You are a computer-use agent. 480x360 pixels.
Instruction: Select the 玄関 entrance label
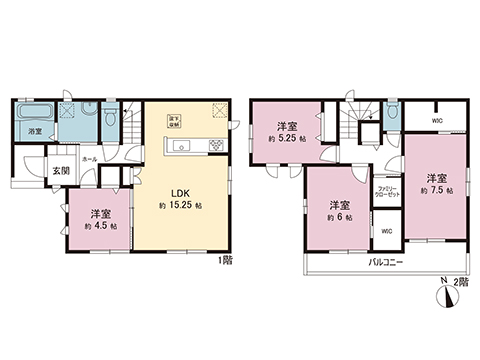point(62,170)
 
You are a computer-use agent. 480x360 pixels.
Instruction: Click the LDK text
point(173,191)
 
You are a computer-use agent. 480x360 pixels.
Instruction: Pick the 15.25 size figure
point(184,205)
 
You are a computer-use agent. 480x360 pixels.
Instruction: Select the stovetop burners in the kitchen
point(214,148)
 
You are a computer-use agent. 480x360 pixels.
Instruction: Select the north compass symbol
point(441,290)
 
